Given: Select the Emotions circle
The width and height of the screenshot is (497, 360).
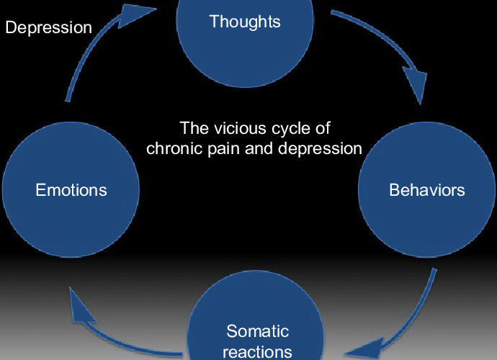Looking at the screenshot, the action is pyautogui.click(x=71, y=189).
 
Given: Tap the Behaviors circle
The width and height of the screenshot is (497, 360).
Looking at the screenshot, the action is pyautogui.click(x=426, y=189).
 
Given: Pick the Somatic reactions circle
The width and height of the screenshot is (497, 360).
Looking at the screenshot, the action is pyautogui.click(x=256, y=317).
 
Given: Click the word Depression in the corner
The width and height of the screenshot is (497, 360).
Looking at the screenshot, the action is pyautogui.click(x=48, y=27).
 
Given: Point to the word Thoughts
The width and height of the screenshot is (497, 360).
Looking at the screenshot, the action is pyautogui.click(x=245, y=22).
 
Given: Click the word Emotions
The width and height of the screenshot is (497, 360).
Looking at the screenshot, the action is pyautogui.click(x=71, y=190).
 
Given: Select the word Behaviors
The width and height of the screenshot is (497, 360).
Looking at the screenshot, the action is pyautogui.click(x=427, y=190).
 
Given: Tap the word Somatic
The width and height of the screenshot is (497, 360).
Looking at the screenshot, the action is pyautogui.click(x=257, y=331).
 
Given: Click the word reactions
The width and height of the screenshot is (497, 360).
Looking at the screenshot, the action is pyautogui.click(x=257, y=352).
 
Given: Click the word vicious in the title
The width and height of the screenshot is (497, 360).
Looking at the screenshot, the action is pyautogui.click(x=240, y=128).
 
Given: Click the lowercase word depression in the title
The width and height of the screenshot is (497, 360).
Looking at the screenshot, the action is pyautogui.click(x=320, y=149).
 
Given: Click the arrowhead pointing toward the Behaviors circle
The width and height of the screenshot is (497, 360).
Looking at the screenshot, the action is pyautogui.click(x=416, y=84).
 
